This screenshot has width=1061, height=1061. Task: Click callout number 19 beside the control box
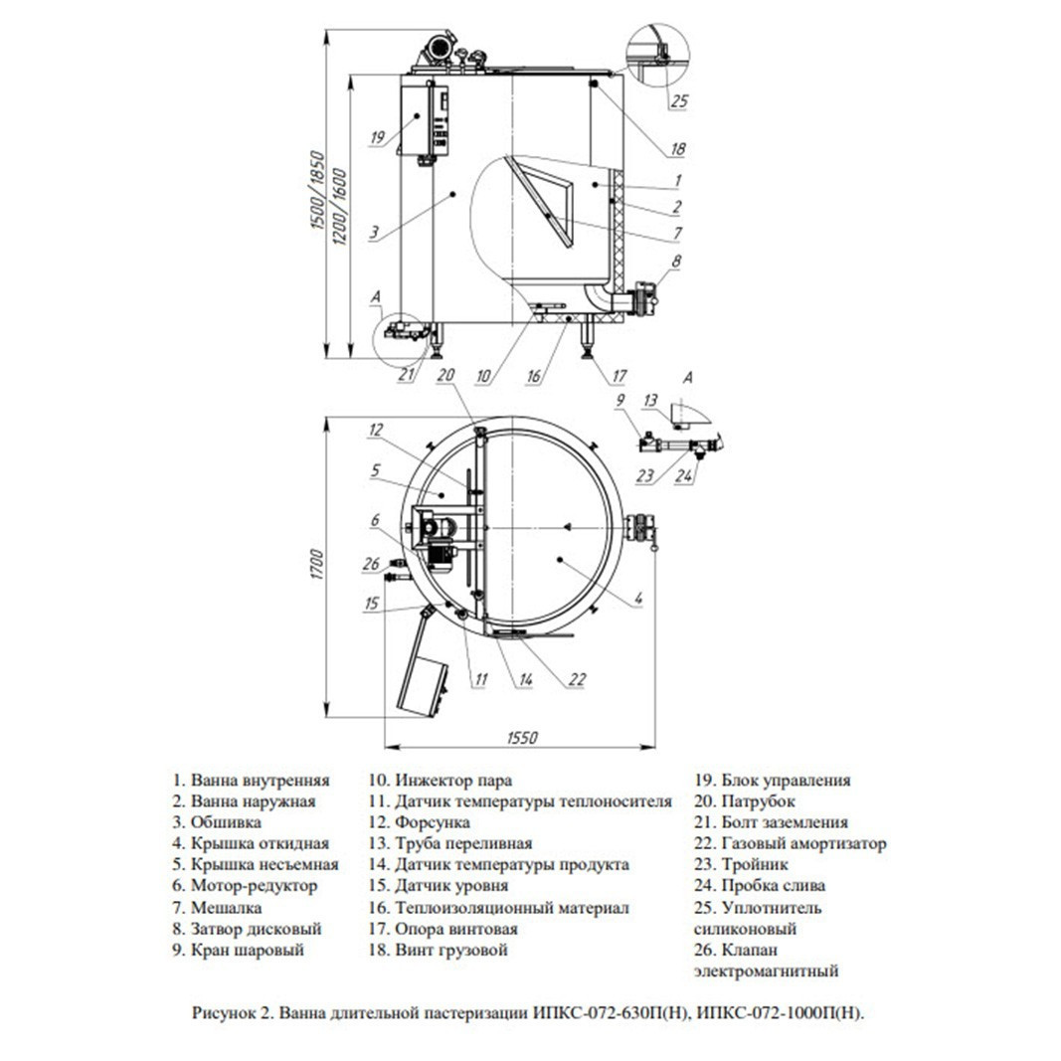click(x=378, y=137)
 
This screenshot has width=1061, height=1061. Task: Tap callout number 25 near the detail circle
click(x=679, y=100)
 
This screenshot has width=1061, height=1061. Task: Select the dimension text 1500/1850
click(x=319, y=191)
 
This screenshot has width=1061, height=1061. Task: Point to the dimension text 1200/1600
click(x=340, y=207)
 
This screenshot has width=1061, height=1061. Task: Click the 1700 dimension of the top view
click(x=319, y=565)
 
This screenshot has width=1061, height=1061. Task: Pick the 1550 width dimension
click(x=522, y=737)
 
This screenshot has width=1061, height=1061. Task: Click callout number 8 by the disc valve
click(x=676, y=261)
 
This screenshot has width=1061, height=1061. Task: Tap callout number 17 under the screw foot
click(x=619, y=376)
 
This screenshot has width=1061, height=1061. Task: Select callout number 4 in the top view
click(x=638, y=598)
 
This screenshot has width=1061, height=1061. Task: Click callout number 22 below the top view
click(x=577, y=679)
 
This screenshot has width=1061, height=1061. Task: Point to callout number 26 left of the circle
click(x=372, y=563)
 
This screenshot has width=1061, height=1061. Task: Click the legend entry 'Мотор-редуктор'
click(x=246, y=886)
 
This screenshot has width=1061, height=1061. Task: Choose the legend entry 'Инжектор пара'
click(x=441, y=781)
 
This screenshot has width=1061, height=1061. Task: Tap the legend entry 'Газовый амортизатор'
click(x=791, y=844)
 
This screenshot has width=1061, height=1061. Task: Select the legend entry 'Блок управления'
click(x=773, y=781)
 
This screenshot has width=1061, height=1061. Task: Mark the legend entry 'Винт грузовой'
click(x=439, y=950)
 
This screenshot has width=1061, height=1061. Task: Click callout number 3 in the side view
click(x=374, y=234)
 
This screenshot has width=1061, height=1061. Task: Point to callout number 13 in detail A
click(x=650, y=400)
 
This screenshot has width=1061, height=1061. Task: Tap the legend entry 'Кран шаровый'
click(x=239, y=950)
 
